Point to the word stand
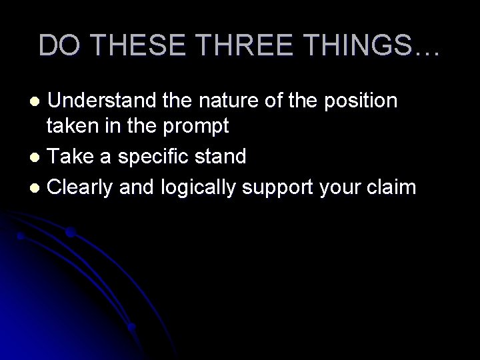(221, 158)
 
